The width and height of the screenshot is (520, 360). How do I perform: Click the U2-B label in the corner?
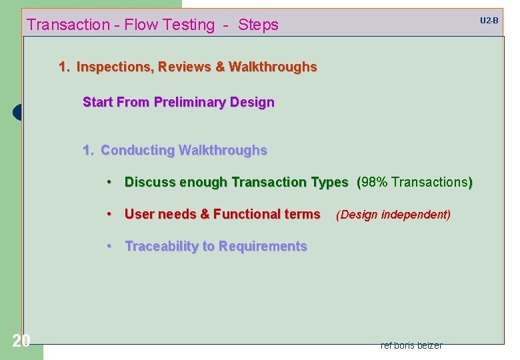(x=489, y=21)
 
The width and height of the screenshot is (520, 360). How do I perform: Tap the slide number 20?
(x=21, y=341)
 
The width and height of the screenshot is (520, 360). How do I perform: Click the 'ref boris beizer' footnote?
(x=411, y=345)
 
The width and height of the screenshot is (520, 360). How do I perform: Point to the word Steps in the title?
(x=258, y=25)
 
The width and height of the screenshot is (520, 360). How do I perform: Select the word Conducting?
(x=137, y=151)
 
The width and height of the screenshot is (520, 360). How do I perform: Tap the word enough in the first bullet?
(x=200, y=182)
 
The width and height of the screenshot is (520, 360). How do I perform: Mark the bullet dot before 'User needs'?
(x=109, y=214)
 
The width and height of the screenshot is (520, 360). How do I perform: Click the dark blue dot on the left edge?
(x=17, y=113)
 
